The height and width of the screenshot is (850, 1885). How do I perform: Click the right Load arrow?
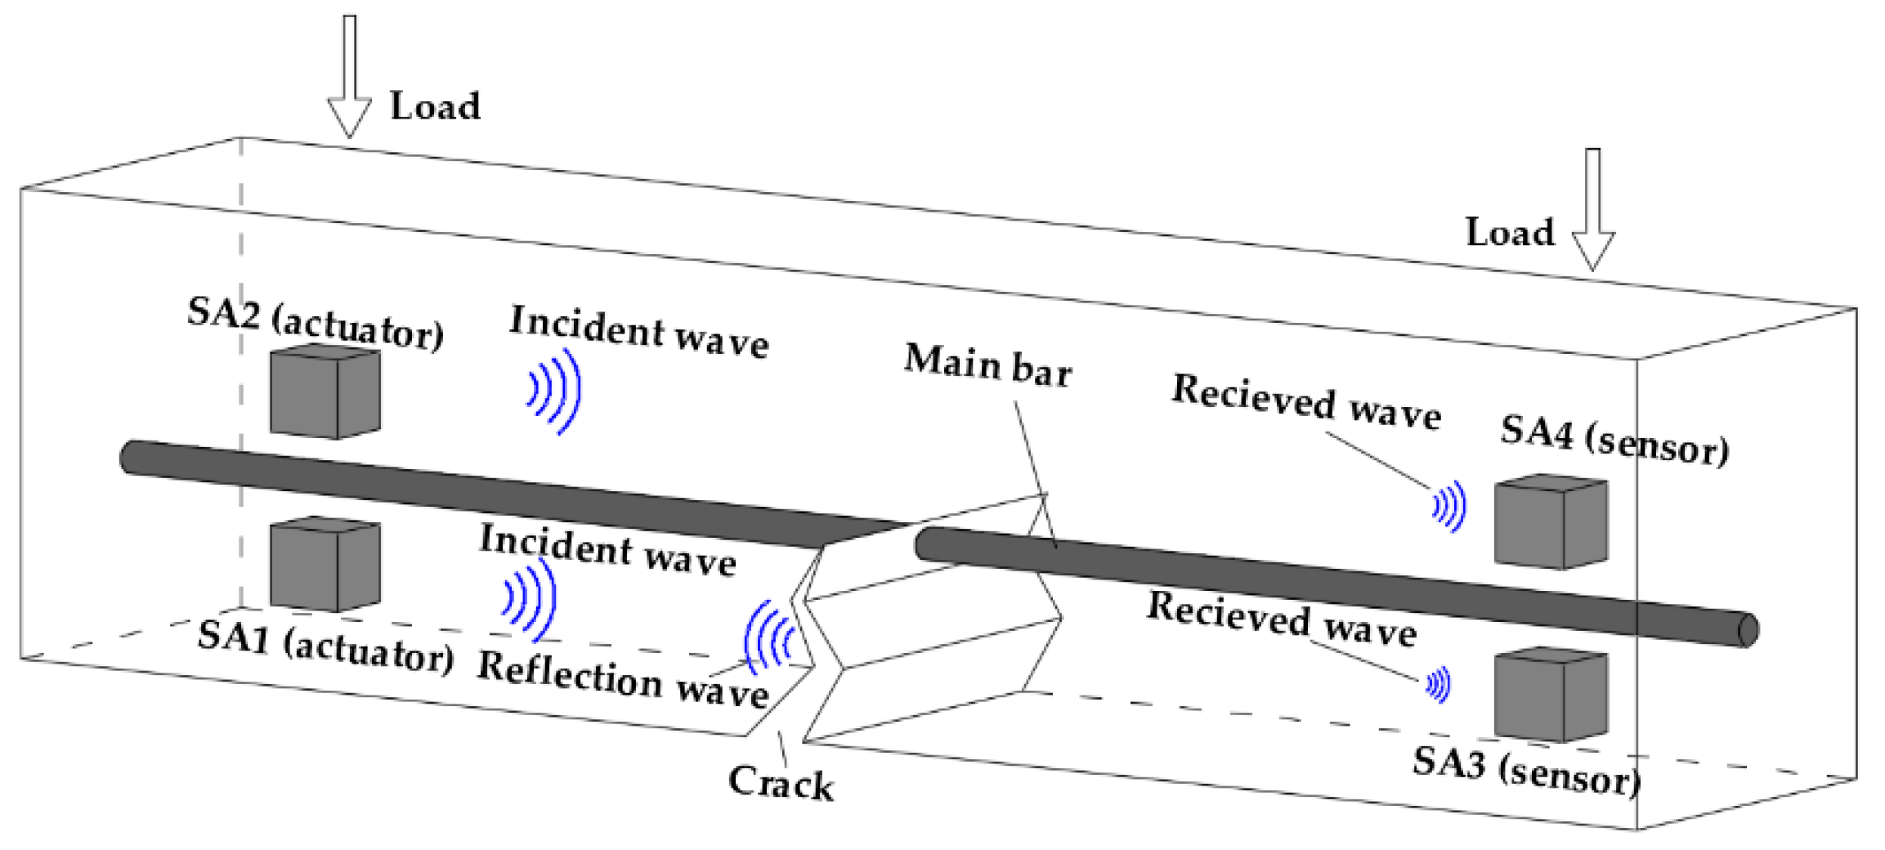pyautogui.click(x=1592, y=212)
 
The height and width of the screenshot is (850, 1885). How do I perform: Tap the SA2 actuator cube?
pyautogui.click(x=325, y=392)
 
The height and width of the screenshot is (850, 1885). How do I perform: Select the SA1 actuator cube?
pyautogui.click(x=325, y=564)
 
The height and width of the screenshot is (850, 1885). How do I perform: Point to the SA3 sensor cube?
pyautogui.click(x=1550, y=695)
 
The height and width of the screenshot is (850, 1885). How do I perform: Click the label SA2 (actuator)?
pyautogui.click(x=316, y=323)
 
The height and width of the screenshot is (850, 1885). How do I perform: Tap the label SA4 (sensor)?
pyautogui.click(x=1614, y=441)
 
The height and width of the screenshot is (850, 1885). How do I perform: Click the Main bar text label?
pyautogui.click(x=987, y=365)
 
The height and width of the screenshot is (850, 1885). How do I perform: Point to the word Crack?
pyautogui.click(x=781, y=783)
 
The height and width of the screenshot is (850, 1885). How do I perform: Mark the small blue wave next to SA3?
pyautogui.click(x=1439, y=684)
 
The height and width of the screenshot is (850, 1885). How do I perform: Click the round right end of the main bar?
pyautogui.click(x=1748, y=629)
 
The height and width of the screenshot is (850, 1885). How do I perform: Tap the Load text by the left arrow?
pyautogui.click(x=435, y=106)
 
